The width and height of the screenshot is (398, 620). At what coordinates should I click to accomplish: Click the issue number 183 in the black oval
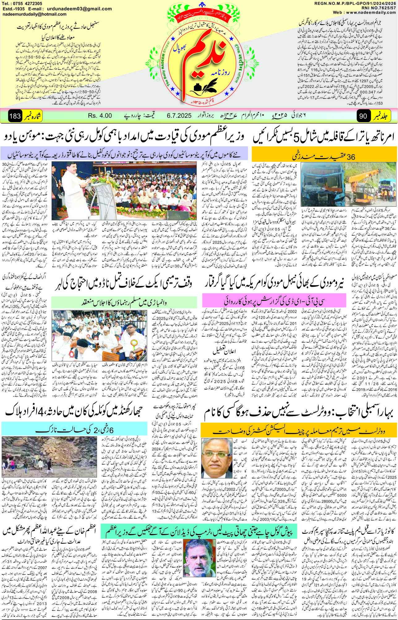click(15, 116)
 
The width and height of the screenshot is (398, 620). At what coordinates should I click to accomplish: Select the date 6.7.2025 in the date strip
click(179, 116)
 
